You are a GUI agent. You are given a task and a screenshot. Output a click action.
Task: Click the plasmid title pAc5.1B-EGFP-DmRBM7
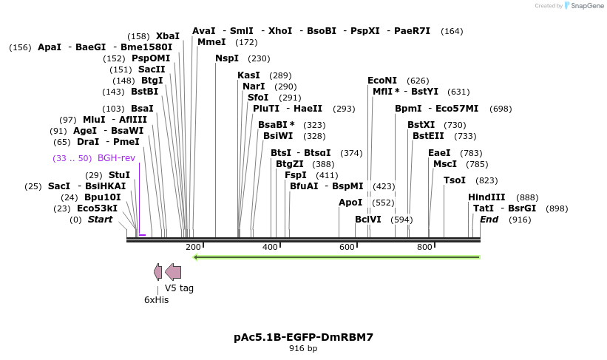tap(303, 337)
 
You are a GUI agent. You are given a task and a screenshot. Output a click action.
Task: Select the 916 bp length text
tap(303, 349)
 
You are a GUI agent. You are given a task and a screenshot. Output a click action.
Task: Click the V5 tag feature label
tap(179, 288)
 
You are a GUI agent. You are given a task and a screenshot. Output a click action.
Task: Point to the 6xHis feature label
tap(156, 299)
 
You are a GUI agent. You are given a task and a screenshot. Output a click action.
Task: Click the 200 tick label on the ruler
tap(193, 247)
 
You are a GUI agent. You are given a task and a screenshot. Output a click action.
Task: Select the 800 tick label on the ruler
tap(424, 247)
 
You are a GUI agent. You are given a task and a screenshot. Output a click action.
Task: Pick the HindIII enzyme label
tap(486, 197)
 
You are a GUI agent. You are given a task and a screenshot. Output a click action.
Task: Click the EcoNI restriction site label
tap(382, 81)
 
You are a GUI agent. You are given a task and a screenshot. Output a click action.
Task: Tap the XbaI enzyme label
tap(168, 36)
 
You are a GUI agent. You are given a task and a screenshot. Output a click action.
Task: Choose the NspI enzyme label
tap(227, 58)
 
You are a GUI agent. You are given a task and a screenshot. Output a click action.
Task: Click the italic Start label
tap(100, 220)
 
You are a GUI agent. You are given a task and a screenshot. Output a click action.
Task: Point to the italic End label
tap(489, 220)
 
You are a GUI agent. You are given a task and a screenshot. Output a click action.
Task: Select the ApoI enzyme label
tap(350, 203)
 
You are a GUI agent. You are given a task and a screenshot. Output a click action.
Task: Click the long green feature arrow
tap(336, 257)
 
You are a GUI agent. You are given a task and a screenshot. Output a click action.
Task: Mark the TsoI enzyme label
tap(455, 180)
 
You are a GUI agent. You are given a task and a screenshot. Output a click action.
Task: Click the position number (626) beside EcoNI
tap(418, 81)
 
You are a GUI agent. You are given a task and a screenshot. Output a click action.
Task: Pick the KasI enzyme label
tap(248, 75)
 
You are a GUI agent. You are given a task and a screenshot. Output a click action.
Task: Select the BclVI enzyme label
tap(368, 220)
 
